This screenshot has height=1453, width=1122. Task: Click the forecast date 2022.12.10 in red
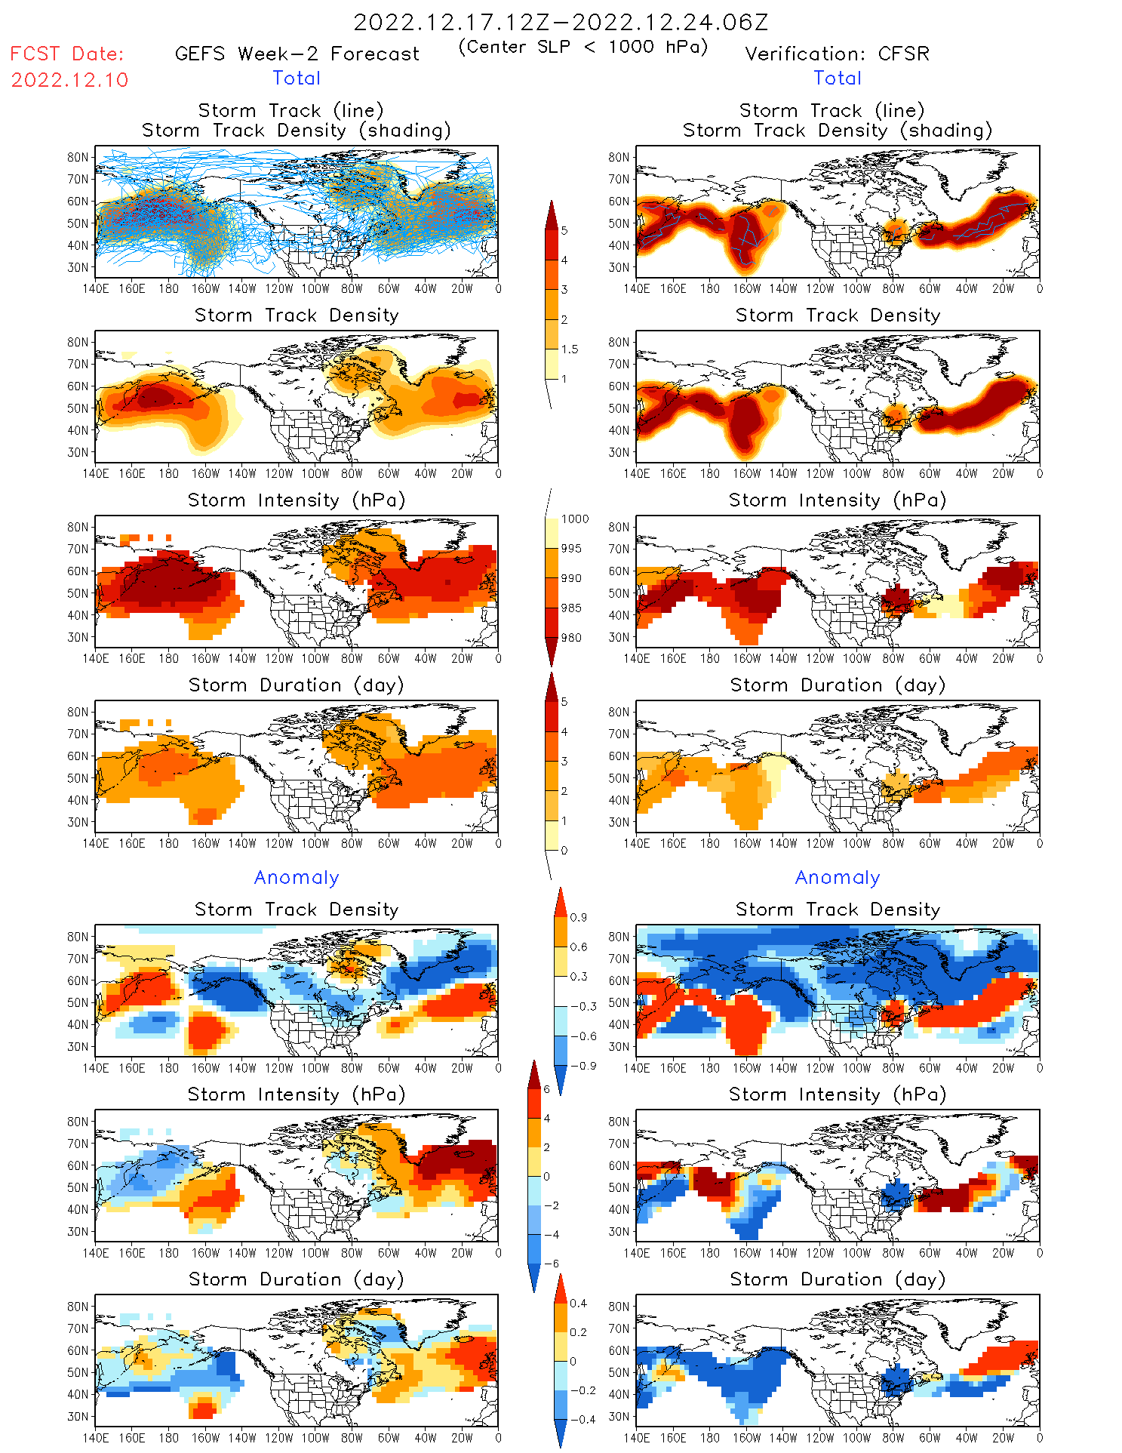69,80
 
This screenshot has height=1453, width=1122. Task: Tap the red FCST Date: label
66,54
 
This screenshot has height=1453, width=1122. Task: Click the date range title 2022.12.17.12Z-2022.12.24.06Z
561,22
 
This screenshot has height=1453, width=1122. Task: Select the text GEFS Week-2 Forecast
297,54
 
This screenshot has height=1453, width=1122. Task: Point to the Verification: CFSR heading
837,54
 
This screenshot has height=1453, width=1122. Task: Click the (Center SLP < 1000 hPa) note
583,47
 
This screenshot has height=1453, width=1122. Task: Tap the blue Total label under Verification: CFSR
837,78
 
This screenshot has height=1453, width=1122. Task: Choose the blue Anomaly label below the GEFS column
297,877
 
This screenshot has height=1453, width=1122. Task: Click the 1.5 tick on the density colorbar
569,349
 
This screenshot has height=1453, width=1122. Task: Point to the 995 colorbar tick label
571,549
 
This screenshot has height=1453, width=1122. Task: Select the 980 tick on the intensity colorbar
571,638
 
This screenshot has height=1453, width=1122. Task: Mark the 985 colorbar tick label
571,608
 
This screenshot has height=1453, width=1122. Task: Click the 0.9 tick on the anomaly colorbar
578,918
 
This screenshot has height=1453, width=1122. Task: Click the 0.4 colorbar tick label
578,1304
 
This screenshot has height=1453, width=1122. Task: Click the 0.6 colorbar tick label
578,947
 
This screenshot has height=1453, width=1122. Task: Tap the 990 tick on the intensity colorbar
571,578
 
